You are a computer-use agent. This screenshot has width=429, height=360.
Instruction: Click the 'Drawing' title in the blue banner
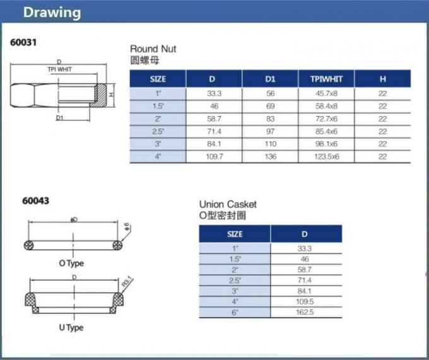point(52,13)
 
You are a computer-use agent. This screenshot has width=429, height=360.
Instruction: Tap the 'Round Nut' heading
point(153,49)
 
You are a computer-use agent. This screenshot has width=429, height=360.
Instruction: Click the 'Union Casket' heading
point(228,204)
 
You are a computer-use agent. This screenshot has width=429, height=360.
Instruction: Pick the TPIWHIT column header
point(326,79)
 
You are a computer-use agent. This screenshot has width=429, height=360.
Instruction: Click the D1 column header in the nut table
point(270,79)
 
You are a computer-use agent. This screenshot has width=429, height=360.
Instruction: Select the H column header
point(382,79)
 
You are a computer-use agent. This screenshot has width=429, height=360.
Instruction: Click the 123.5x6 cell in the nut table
point(326,156)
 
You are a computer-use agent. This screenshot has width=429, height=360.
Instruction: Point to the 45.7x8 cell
point(326,93)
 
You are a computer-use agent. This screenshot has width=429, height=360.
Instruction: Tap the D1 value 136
point(270,156)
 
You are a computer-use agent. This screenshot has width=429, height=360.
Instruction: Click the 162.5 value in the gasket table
point(306,312)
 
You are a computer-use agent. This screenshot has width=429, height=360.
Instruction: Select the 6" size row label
point(235,312)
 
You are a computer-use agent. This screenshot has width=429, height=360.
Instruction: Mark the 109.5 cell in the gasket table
point(306,301)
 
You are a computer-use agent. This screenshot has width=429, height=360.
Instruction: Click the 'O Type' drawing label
point(71,264)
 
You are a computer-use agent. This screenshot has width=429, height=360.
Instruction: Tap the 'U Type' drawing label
point(71,328)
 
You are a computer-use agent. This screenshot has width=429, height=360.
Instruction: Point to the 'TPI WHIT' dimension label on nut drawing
point(60,69)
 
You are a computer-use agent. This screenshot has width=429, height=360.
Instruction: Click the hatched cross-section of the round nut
point(100,95)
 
